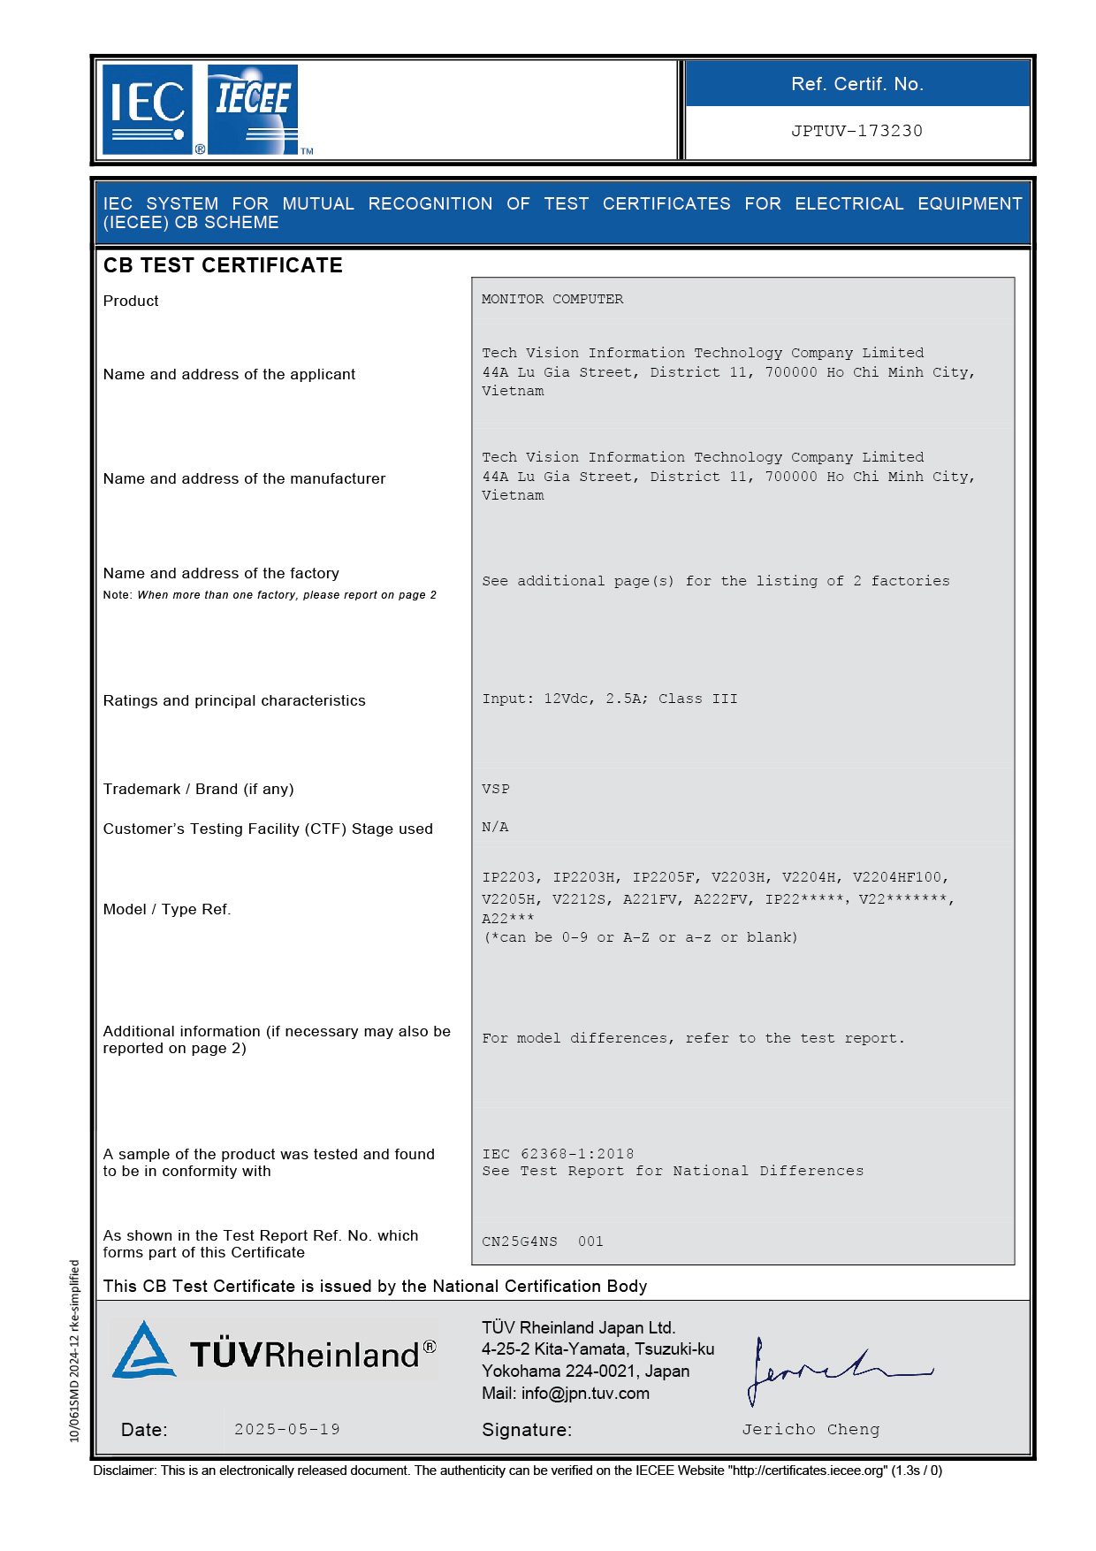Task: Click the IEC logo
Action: click(148, 109)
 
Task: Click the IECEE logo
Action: click(253, 109)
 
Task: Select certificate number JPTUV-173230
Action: click(856, 131)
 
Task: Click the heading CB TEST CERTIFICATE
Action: click(223, 265)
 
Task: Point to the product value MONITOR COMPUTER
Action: click(552, 299)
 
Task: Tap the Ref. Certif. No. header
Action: click(856, 84)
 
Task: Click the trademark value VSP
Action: click(496, 789)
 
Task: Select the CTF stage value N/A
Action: click(495, 827)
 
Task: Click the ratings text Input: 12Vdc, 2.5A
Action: click(565, 699)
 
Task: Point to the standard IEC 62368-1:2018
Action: click(558, 1154)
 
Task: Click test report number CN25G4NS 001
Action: click(542, 1242)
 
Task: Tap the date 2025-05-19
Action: click(287, 1429)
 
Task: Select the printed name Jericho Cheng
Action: click(811, 1429)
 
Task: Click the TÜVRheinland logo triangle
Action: click(143, 1351)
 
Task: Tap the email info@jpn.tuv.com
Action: click(585, 1394)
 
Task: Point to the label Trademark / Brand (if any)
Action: click(198, 789)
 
